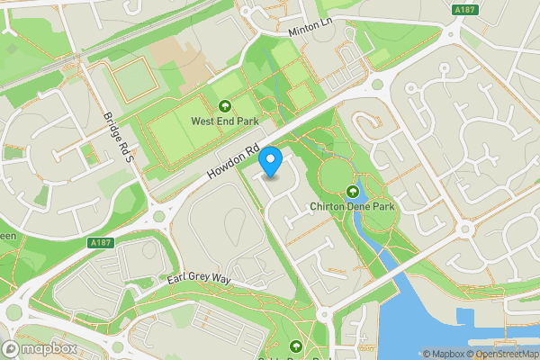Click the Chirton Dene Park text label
click(x=352, y=206)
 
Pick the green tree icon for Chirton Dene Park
click(x=352, y=192)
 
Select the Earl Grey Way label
click(x=201, y=280)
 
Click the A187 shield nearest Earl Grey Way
click(x=102, y=241)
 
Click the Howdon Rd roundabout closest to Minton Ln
click(x=377, y=85)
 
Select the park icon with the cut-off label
click(x=296, y=346)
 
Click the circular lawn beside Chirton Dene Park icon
click(x=332, y=175)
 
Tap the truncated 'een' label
click(x=7, y=236)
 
